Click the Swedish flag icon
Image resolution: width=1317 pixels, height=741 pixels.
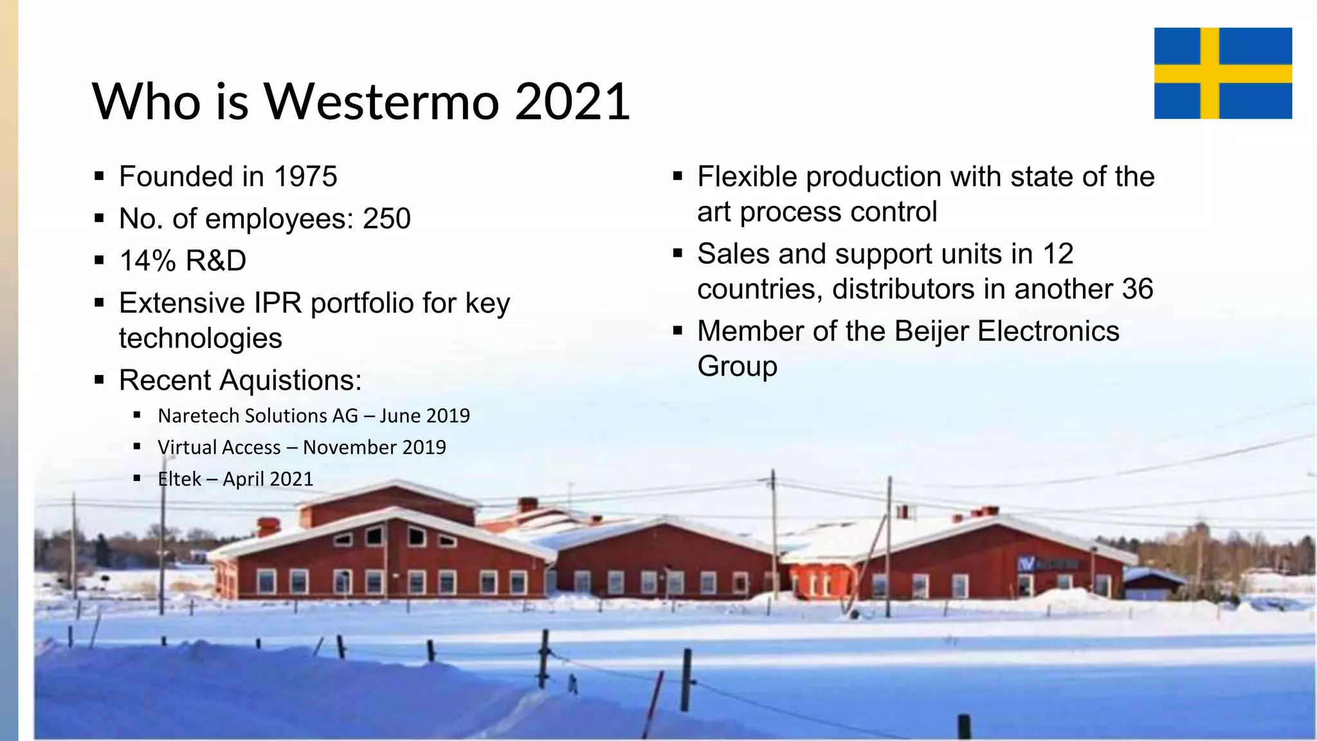point(1222,73)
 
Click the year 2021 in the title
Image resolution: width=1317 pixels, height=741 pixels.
point(572,102)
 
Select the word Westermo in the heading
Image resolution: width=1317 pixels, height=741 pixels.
point(382,102)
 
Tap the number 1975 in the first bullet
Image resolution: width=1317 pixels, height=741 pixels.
point(305,177)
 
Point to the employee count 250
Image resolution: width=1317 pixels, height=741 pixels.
point(386,219)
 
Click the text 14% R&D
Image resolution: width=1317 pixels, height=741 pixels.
point(183,261)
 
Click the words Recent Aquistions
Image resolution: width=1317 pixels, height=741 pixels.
point(240,380)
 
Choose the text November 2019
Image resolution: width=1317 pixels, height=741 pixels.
point(374,447)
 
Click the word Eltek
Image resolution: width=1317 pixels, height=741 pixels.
point(179,479)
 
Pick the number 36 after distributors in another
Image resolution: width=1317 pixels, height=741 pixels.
point(1137,289)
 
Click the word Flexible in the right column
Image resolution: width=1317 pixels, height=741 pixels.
point(747,177)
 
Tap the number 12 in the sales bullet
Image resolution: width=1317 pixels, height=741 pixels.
point(1057,254)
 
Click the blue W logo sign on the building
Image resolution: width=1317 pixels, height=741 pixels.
point(1027,564)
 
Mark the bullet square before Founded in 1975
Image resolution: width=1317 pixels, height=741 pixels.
point(99,176)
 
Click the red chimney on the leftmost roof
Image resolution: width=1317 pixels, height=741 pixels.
point(268,526)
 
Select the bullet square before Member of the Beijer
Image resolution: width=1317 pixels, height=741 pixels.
point(677,331)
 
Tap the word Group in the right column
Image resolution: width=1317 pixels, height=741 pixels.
point(737,367)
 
